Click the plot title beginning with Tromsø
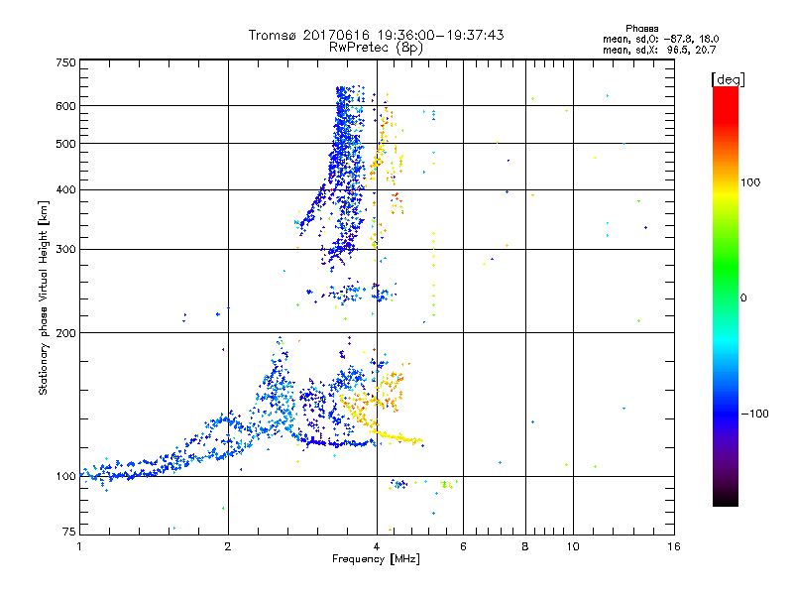point(376,35)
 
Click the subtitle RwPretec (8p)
point(376,47)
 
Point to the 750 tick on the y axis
point(65,62)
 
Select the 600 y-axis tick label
point(65,105)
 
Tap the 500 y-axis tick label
point(65,143)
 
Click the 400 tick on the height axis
point(65,189)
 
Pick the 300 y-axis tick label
point(65,249)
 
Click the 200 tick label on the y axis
point(65,332)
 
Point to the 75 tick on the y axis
point(68,534)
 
